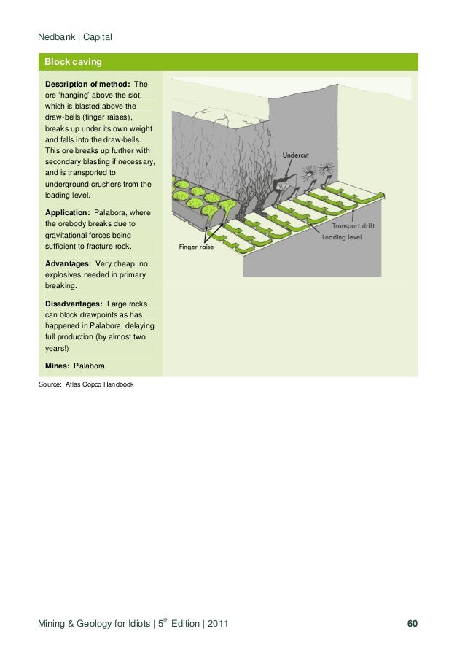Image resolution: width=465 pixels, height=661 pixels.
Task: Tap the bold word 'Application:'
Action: [x=70, y=212]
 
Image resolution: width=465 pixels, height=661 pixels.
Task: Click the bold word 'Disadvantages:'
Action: [x=74, y=302]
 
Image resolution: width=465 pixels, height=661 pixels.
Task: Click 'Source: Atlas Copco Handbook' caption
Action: [x=86, y=384]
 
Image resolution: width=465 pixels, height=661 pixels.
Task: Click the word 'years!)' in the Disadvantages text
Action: [x=58, y=349]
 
